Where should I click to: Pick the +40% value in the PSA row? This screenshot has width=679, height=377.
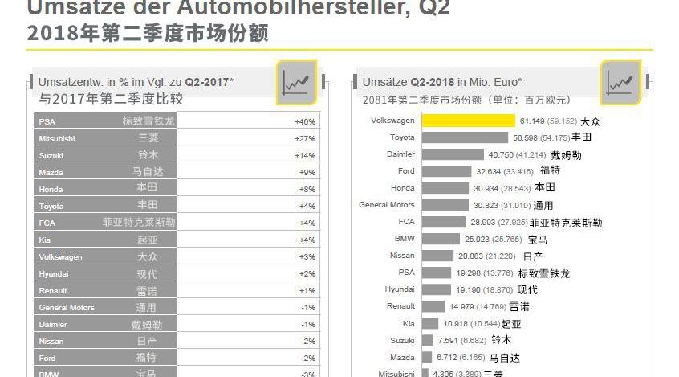point(305,121)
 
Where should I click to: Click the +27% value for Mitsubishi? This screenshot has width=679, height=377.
point(305,138)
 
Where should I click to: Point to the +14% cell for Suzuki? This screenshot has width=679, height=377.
point(305,155)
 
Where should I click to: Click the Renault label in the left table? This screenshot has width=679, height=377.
point(54,290)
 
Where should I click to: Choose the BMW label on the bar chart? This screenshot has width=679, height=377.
point(405,239)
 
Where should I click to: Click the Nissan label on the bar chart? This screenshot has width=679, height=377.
point(402,256)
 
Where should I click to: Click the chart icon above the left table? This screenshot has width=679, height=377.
point(297,83)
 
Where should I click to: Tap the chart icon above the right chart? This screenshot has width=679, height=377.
point(621,83)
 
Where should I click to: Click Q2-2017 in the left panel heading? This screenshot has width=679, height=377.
point(206,82)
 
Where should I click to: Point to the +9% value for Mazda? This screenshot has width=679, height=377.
point(307,172)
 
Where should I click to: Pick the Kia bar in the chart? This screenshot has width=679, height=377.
point(431,323)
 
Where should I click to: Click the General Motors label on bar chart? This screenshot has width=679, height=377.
point(387,205)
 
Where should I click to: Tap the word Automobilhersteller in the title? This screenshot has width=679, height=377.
point(266,9)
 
